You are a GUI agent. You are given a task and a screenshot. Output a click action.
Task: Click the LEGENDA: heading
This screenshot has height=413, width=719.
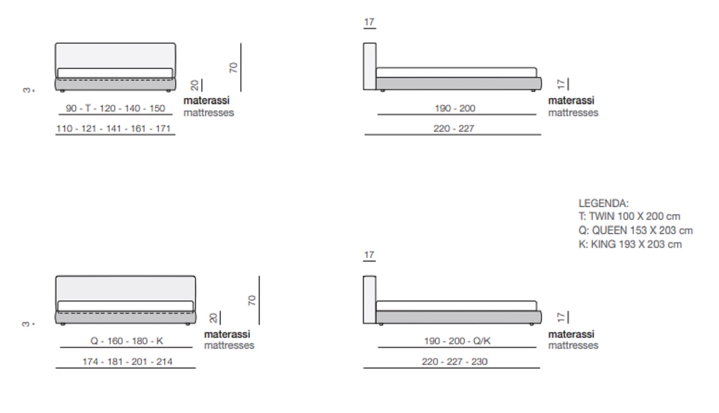603,203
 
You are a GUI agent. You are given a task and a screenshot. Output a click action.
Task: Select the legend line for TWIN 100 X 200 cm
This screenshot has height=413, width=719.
629,216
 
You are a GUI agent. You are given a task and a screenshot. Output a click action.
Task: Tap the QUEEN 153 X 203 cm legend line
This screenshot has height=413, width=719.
635,230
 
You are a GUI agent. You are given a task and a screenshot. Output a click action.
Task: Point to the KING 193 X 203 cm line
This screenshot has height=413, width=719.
630,244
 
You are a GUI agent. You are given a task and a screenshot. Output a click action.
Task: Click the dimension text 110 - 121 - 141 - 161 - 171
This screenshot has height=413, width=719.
113,128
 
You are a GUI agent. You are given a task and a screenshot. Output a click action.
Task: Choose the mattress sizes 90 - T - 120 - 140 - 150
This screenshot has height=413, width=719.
115,108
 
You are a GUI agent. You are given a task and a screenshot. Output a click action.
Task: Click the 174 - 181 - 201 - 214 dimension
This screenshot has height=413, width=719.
128,362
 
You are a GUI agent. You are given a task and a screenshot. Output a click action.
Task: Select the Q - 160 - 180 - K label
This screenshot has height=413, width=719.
127,341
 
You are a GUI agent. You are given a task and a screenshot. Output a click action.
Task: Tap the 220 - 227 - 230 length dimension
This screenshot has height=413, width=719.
455,362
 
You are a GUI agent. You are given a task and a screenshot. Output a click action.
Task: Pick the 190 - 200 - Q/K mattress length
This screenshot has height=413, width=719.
457,341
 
